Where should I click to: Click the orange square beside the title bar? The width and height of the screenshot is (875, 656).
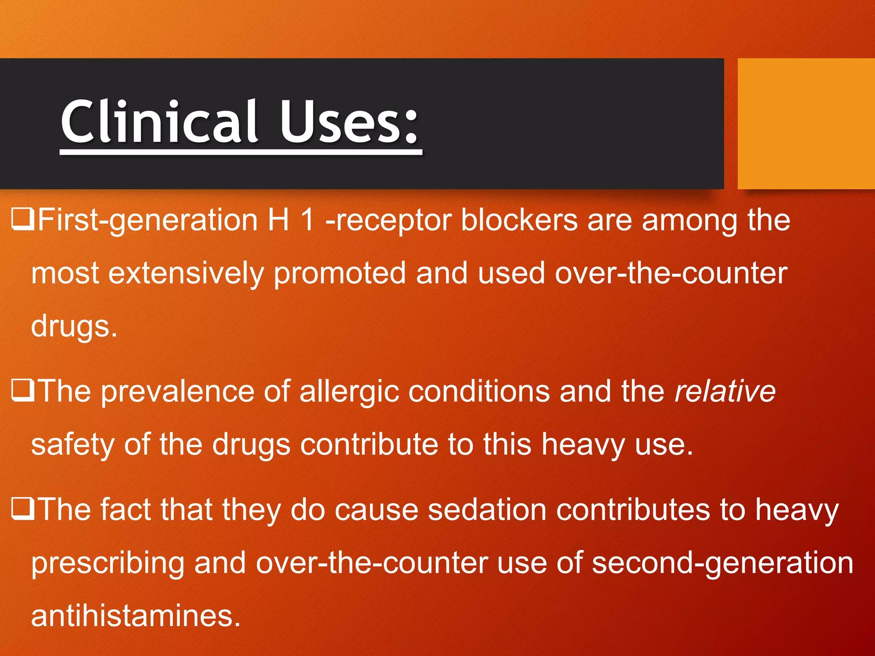click(806, 124)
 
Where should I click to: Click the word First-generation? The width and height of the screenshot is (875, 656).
click(147, 220)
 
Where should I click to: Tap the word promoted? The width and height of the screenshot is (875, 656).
click(339, 274)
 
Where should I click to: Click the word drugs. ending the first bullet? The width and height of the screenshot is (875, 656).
click(74, 327)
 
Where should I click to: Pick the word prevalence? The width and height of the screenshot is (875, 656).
click(177, 392)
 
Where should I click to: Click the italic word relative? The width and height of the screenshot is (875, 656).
click(725, 391)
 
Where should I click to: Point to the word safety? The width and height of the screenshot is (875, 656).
click(73, 445)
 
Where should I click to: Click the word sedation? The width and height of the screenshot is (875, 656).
click(487, 510)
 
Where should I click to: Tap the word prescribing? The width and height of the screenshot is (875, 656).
click(108, 564)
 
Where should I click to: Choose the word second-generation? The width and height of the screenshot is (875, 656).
click(722, 564)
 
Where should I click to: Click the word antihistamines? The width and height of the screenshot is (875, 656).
click(136, 616)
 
